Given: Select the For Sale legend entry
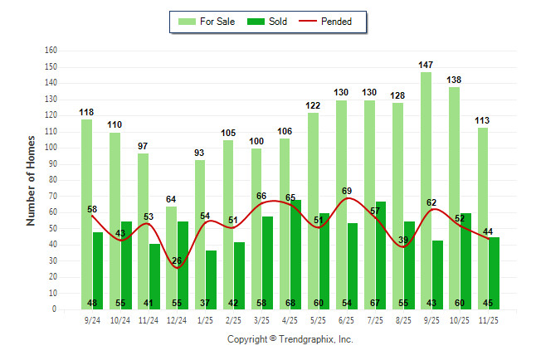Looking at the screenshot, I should click(x=207, y=22).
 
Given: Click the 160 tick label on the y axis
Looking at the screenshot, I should click(x=51, y=51).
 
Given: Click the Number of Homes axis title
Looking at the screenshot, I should click(x=32, y=180).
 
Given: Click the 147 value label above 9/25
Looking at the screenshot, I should click(x=426, y=65).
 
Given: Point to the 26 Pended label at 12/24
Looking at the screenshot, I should click(x=177, y=261).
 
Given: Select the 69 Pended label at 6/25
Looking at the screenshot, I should click(x=347, y=192).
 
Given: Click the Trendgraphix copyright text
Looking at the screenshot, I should click(x=290, y=339).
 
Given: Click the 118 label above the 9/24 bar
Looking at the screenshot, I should click(x=86, y=112).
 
